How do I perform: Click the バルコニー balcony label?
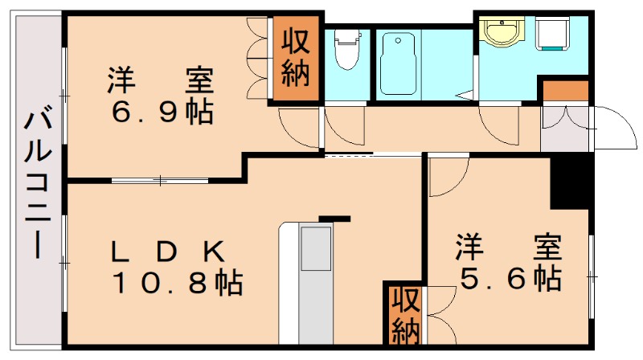click(x=36, y=186)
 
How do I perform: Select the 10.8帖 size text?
click(x=177, y=282)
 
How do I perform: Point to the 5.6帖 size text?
click(x=510, y=279)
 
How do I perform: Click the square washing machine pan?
click(x=552, y=35)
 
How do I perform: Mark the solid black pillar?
click(x=571, y=181)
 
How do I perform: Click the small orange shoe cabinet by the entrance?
click(x=555, y=91)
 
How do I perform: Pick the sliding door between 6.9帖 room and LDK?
click(x=159, y=179)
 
